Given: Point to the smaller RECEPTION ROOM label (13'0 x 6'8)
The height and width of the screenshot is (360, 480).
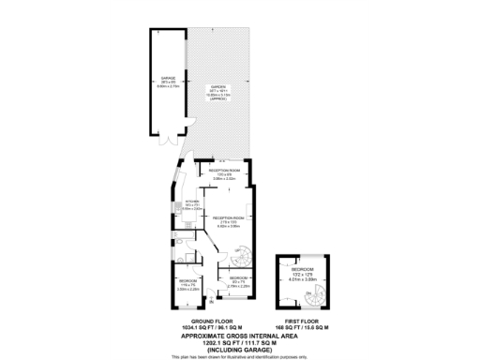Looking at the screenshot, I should point(217,171).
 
